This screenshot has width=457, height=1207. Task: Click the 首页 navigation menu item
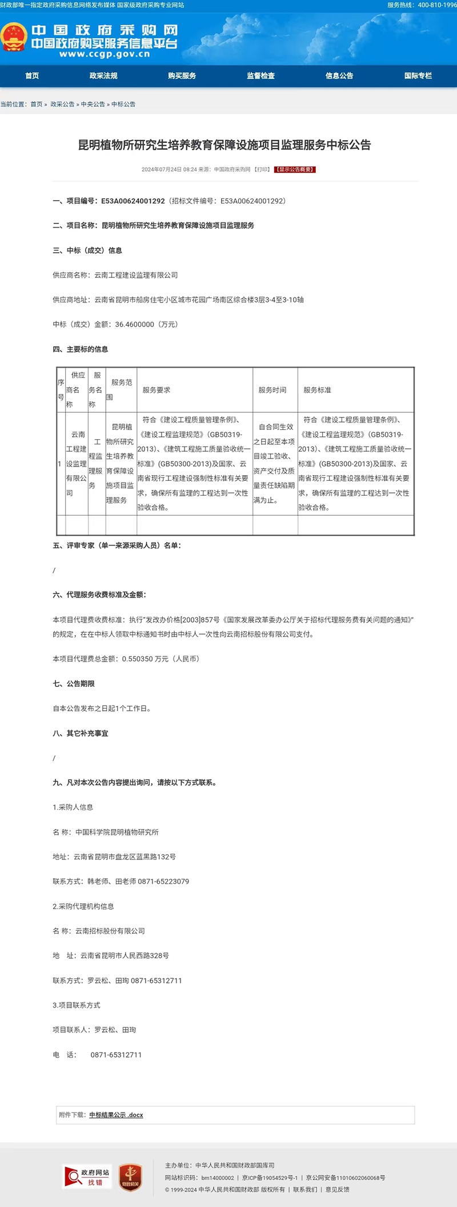(32, 75)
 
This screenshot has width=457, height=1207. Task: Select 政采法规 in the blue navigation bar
(103, 75)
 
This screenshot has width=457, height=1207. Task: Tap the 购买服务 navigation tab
(182, 75)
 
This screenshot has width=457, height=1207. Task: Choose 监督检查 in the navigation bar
(261, 75)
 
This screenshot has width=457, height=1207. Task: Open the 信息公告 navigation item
(339, 75)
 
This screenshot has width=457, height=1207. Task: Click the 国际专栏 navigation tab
(418, 75)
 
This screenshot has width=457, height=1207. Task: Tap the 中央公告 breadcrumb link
(93, 104)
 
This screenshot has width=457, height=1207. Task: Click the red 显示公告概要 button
(295, 169)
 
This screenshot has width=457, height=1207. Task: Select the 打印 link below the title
(262, 169)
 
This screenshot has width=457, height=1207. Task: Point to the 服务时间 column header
(272, 390)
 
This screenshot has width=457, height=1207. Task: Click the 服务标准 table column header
(317, 390)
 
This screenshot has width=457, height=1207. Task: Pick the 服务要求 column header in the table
(157, 390)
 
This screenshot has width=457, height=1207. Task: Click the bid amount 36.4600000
(135, 324)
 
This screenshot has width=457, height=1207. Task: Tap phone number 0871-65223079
(163, 881)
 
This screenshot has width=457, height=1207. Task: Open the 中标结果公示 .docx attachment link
(116, 1114)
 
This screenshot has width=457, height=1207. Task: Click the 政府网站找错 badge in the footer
(87, 1177)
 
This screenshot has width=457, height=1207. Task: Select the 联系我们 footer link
(305, 1189)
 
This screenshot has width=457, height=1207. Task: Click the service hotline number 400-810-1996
(437, 5)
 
